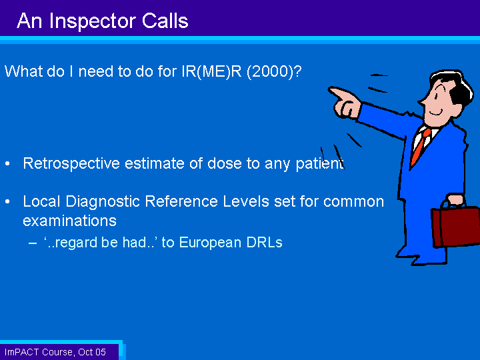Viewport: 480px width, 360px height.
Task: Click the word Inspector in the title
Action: coord(93,21)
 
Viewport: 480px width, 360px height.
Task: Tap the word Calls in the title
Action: coord(165,21)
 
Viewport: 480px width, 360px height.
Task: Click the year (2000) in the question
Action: coord(274,71)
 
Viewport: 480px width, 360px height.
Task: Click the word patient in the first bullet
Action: coord(319,163)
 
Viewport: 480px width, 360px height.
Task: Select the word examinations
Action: coord(70,221)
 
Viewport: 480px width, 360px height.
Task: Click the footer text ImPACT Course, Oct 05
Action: coord(55,352)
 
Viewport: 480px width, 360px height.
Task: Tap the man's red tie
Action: coord(420,146)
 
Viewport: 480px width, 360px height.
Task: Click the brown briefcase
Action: coord(455,226)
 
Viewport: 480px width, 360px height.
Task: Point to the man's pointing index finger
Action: coord(340,93)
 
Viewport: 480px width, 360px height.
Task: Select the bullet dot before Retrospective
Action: coord(7,164)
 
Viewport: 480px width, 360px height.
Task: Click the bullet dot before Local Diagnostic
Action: coord(7,202)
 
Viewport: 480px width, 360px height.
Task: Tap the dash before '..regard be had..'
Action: coord(33,243)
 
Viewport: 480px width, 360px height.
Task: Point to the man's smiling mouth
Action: coord(436,113)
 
